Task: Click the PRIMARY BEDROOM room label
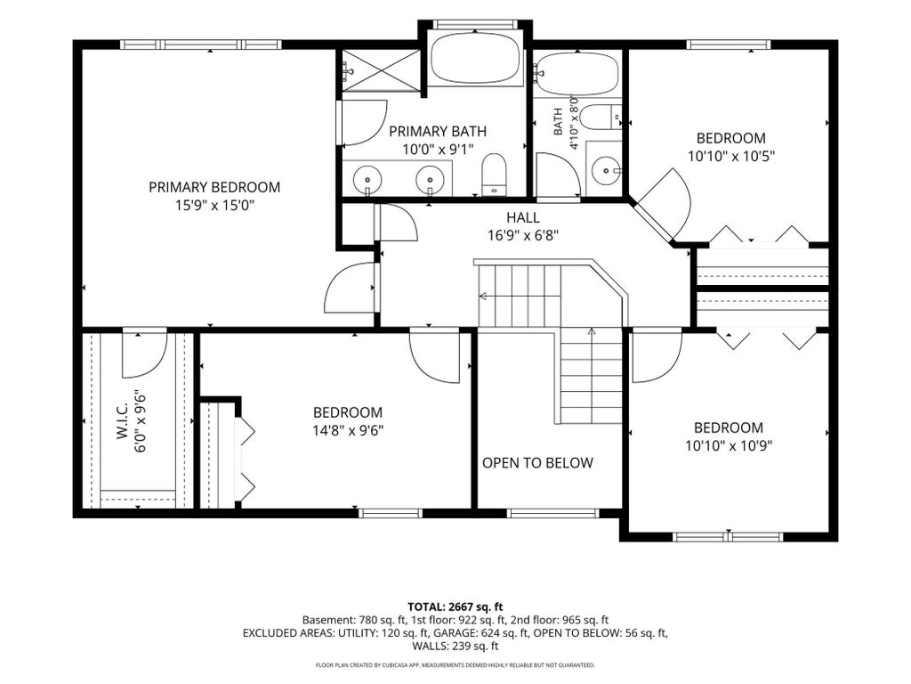214,187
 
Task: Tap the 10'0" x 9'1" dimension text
438,150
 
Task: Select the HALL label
523,217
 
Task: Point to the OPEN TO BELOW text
537,463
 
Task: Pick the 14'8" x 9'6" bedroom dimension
348,430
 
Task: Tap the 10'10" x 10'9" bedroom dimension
729,446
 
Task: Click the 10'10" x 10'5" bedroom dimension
731,157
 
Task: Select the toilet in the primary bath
495,174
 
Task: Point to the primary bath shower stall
381,70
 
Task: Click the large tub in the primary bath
475,58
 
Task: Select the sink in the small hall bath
605,171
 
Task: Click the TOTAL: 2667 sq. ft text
455,607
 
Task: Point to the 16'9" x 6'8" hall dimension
523,235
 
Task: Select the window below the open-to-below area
552,514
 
